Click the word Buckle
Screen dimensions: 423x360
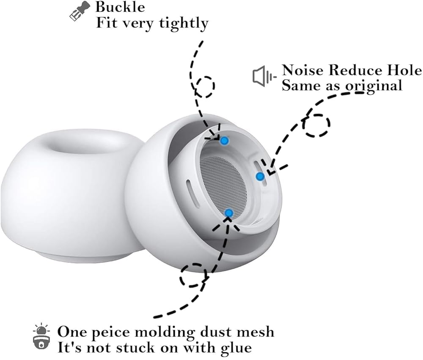pos(120,7)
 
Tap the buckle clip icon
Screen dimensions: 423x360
pos(80,11)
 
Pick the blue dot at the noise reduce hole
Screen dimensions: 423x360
pos(260,177)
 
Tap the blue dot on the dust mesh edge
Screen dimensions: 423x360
pos(229,213)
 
